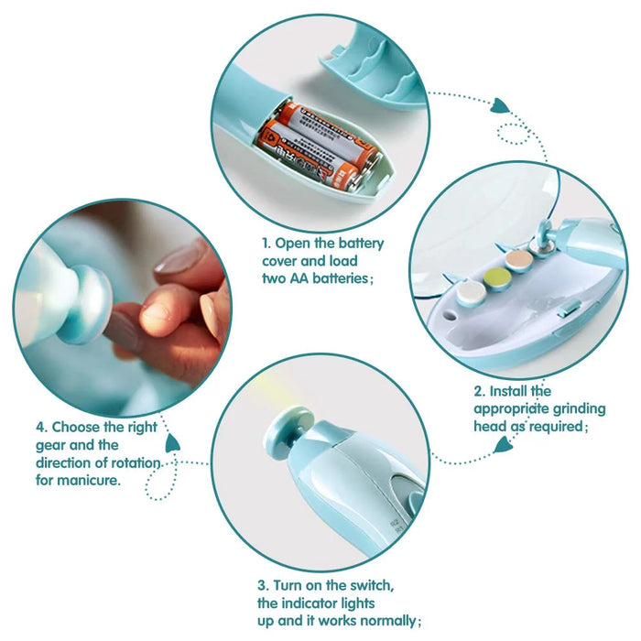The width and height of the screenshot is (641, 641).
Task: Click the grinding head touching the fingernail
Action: tap(87, 303)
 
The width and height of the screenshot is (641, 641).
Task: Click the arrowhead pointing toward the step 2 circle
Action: tap(500, 107)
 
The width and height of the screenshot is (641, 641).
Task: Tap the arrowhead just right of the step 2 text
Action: tap(503, 446)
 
